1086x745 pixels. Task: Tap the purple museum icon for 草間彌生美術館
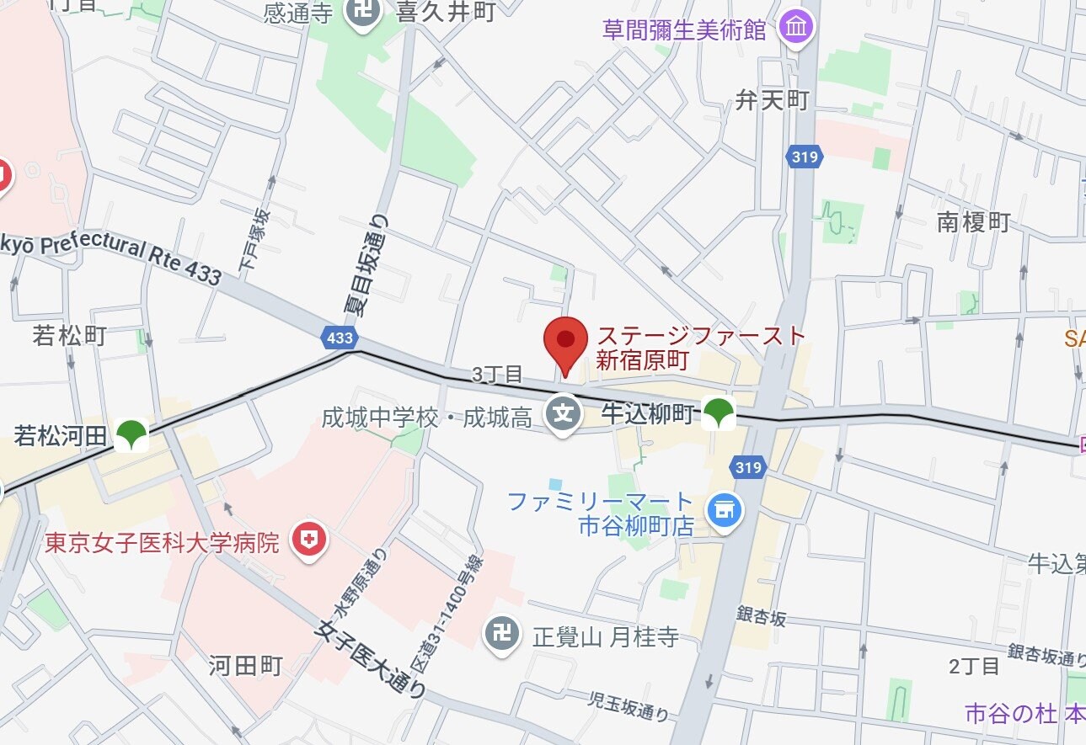pos(796,28)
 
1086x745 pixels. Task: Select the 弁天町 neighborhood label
pos(772,101)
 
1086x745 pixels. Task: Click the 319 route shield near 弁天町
pos(805,157)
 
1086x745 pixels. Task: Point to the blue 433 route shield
pos(339,338)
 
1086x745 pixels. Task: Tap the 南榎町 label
pos(973,222)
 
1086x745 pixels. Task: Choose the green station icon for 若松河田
pos(131,434)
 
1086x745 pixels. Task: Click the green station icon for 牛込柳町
pos(719,412)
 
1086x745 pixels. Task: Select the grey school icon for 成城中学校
pos(563,415)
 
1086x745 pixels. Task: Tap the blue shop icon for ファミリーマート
pos(724,510)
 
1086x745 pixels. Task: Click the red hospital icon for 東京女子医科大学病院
pos(308,540)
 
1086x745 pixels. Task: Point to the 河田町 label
pos(245,665)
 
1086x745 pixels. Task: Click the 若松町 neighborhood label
pos(69,336)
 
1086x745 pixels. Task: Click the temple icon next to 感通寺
pos(363,13)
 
